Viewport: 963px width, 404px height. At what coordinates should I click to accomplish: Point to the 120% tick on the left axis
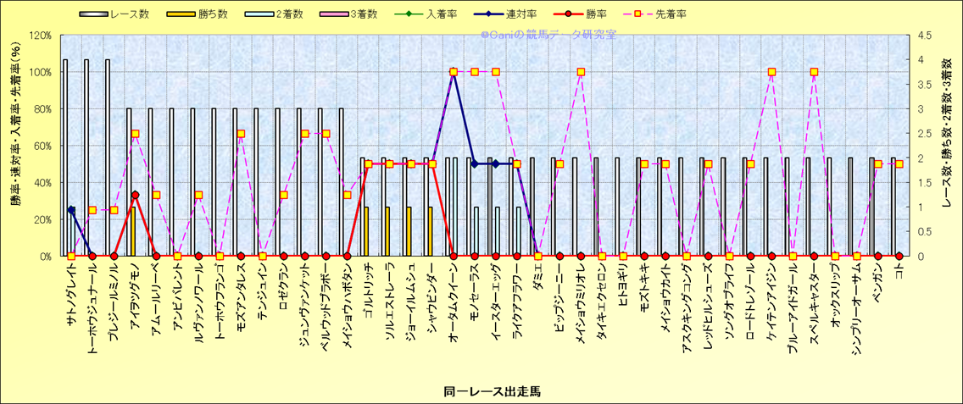point(40,36)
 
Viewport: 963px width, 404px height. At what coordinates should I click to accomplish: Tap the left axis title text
point(14,145)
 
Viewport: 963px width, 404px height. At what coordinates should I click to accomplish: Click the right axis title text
point(950,145)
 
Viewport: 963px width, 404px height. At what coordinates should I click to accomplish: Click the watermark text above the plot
point(548,35)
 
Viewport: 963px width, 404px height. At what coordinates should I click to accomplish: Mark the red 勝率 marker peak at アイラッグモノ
point(135,195)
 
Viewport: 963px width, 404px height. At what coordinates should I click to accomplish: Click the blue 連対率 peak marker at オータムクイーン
point(454,72)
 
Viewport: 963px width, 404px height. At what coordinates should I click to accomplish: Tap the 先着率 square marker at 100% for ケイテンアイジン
point(771,72)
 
